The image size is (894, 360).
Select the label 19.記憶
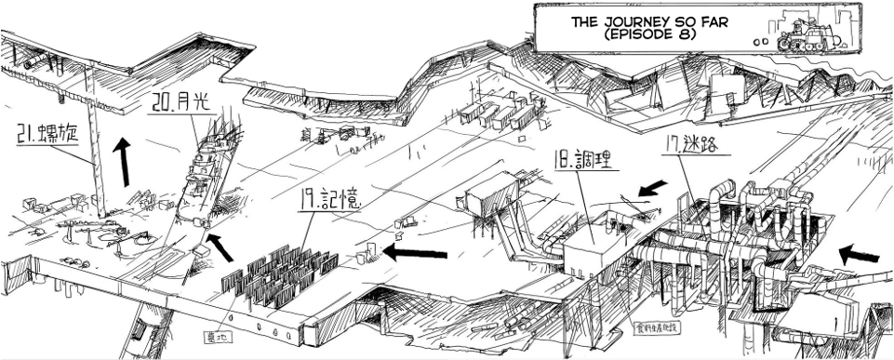329,199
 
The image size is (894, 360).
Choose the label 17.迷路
694,145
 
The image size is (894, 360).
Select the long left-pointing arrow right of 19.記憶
415,250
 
